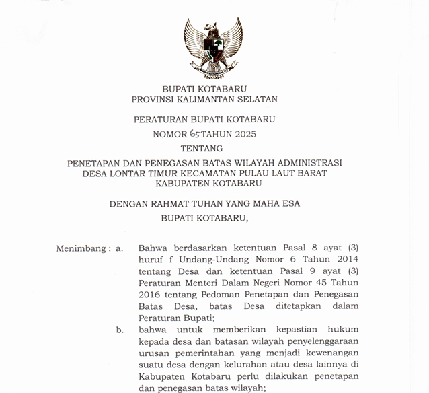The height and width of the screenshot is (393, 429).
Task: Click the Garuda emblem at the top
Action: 214,47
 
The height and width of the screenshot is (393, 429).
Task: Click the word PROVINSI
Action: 155,99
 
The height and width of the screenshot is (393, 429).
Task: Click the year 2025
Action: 242,134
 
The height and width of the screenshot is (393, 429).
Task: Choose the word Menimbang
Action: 81,248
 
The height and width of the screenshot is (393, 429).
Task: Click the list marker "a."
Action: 119,248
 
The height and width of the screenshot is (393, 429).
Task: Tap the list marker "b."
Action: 120,330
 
